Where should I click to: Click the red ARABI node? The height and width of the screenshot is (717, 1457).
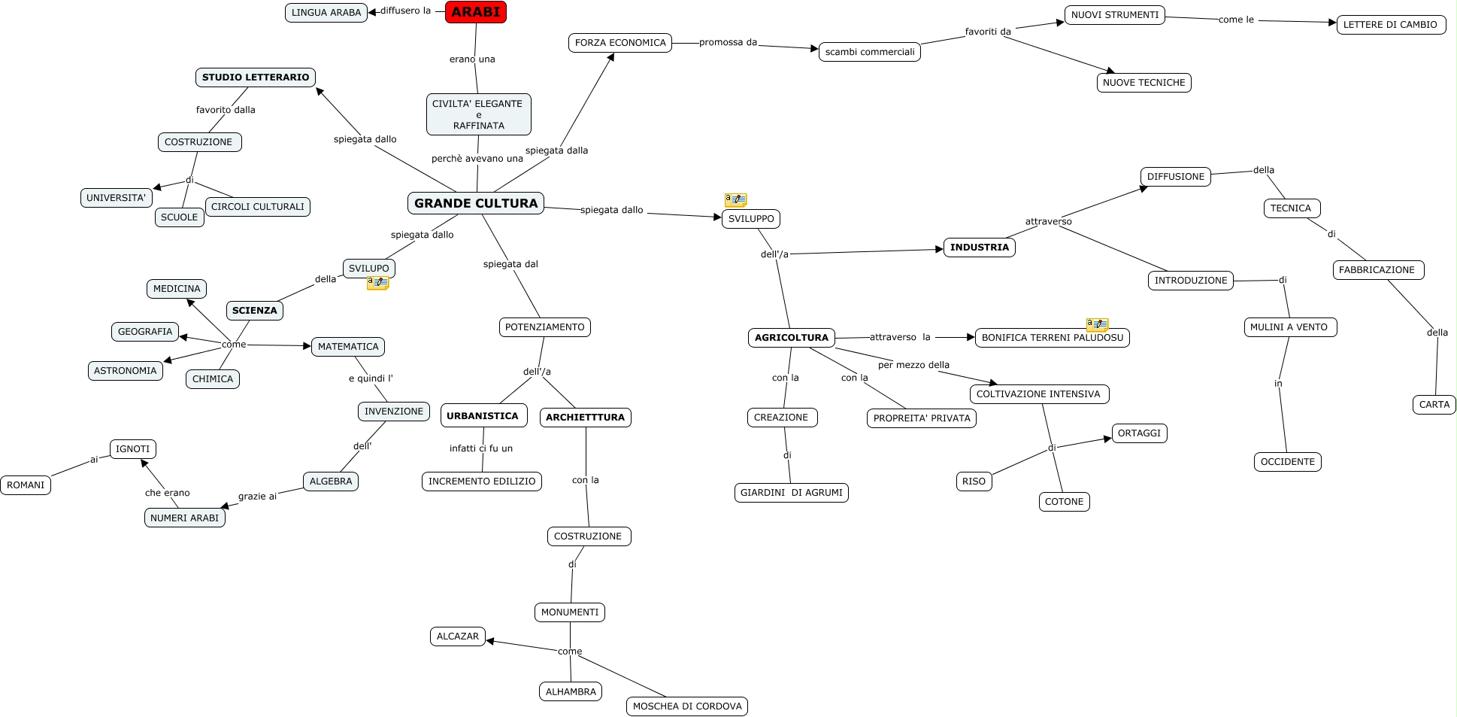coord(476,12)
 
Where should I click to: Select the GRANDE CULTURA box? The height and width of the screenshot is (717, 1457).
coord(475,203)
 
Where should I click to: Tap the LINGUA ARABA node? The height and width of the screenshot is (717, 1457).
coord(326,13)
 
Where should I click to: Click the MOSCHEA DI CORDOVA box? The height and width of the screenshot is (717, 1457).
coord(686,706)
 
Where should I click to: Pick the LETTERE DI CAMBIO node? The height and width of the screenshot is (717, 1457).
coord(1390,25)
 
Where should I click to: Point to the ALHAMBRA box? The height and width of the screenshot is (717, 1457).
coord(570,691)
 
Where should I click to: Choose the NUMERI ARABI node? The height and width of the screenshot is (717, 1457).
coord(184,518)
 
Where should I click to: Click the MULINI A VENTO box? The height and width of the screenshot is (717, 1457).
coord(1289,327)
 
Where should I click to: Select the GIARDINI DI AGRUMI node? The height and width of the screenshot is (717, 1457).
coord(791,493)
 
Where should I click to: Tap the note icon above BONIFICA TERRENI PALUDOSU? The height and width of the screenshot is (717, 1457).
coord(1097,324)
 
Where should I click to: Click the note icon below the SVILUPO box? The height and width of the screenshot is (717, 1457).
coord(377,283)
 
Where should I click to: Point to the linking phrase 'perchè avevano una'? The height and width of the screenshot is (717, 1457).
coord(477,159)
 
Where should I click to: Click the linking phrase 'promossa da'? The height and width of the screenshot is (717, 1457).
coord(728,42)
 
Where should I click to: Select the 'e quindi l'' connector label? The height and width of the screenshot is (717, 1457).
coord(371,378)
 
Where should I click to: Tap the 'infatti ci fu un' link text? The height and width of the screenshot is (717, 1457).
coord(480,448)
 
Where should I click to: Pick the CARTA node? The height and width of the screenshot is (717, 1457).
coord(1434,405)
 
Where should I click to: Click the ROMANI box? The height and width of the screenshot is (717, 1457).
coord(26,485)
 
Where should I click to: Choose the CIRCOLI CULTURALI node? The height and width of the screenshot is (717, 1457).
coord(257,207)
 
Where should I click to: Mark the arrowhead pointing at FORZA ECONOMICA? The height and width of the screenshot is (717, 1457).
coord(611,57)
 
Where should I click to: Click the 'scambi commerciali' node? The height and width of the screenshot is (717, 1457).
coord(869,52)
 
